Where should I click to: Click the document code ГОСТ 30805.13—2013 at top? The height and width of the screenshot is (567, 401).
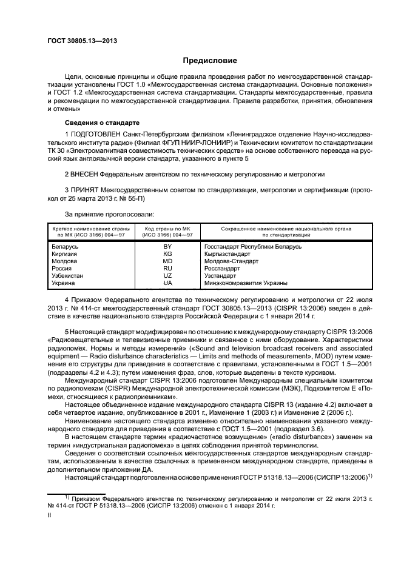(82, 41)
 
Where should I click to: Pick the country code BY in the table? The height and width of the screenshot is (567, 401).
(167, 247)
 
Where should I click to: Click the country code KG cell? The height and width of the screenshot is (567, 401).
(167, 254)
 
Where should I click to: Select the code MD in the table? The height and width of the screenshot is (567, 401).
(167, 261)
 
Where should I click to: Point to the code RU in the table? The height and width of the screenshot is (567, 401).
(167, 269)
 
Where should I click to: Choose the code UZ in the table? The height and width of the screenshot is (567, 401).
(167, 276)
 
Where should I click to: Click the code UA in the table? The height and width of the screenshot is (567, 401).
(167, 283)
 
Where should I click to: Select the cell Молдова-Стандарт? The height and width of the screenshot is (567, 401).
(231, 261)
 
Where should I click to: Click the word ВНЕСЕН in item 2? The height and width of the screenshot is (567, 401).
(86, 173)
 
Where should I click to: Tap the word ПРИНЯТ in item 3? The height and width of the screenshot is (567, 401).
(85, 190)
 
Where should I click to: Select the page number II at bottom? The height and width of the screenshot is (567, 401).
(51, 514)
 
